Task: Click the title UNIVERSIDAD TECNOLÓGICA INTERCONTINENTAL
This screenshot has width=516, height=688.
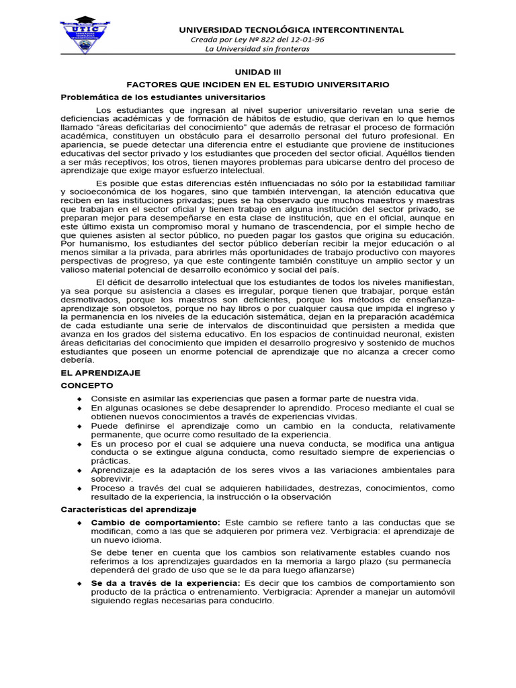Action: (x=290, y=30)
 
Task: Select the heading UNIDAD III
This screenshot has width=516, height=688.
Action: (x=258, y=72)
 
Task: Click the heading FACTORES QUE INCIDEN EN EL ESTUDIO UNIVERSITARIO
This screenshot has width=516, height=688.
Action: (x=259, y=85)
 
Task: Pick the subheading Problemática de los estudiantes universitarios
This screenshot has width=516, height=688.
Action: (x=163, y=97)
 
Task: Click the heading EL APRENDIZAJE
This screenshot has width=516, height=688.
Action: (x=101, y=372)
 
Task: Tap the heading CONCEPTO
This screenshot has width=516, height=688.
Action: (x=87, y=386)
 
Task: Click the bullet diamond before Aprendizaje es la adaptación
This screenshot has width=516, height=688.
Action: (x=79, y=471)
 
